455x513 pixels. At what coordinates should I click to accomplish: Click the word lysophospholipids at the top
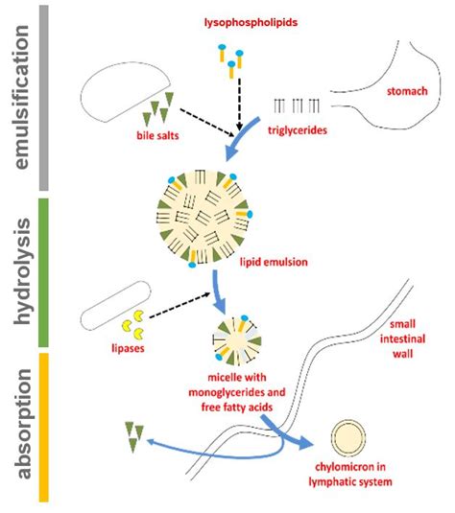(251, 23)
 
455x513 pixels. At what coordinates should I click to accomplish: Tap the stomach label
(407, 91)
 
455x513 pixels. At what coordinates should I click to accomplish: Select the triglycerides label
(298, 130)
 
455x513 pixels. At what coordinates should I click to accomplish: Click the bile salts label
(157, 135)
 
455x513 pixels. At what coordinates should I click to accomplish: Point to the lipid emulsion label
(274, 262)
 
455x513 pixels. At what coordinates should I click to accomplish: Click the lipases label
(128, 348)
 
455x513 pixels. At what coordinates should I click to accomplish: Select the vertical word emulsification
(22, 97)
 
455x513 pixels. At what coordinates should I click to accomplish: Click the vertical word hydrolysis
(23, 271)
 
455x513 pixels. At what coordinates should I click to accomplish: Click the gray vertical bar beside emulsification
(44, 98)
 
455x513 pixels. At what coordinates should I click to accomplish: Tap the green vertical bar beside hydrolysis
(44, 272)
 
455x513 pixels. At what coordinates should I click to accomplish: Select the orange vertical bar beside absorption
(44, 428)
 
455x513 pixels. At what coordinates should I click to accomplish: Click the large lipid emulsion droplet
(204, 218)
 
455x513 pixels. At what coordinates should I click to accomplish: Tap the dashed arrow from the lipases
(180, 305)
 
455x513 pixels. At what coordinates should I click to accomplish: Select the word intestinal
(402, 338)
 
